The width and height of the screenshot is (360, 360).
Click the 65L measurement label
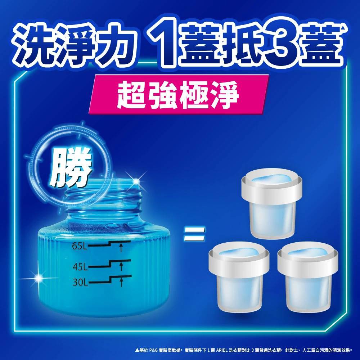point(80,246)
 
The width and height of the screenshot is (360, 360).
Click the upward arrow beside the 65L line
point(121,248)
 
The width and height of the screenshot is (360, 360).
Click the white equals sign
point(194,234)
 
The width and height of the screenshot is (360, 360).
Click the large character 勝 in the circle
point(71,169)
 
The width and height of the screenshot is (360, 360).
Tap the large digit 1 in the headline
point(163,43)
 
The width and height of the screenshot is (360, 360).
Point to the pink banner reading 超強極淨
point(179,94)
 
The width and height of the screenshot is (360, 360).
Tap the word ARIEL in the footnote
point(221,350)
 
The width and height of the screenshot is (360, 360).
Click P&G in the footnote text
point(153,350)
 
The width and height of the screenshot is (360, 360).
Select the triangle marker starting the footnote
point(137,350)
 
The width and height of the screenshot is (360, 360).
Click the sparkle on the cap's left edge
point(39,278)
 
